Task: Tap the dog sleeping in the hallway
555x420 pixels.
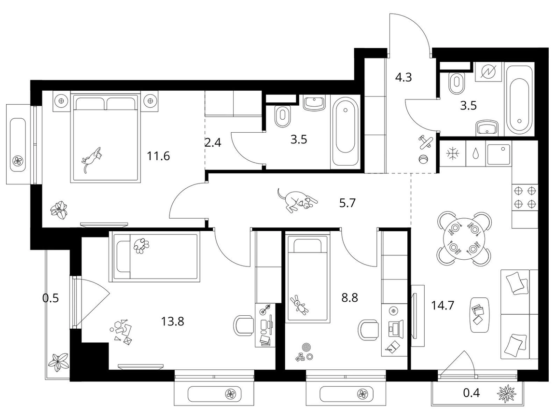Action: pyautogui.click(x=297, y=200)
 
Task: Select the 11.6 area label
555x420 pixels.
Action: pyautogui.click(x=158, y=156)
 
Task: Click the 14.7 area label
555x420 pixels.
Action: pyautogui.click(x=443, y=305)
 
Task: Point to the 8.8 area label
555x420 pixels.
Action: pyautogui.click(x=349, y=298)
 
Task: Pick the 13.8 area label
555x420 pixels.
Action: pyautogui.click(x=172, y=322)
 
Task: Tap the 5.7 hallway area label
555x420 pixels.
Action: pyautogui.click(x=347, y=203)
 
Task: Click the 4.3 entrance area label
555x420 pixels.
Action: pyautogui.click(x=403, y=77)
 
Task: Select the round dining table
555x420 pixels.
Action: pyautogui.click(x=464, y=239)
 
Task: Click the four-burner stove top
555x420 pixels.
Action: pyautogui.click(x=525, y=198)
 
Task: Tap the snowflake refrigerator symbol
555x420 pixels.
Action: pyautogui.click(x=452, y=154)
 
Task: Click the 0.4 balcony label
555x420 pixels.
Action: pyautogui.click(x=472, y=392)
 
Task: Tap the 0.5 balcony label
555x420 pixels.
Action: pyautogui.click(x=50, y=298)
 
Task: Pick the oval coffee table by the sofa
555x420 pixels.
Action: pyautogui.click(x=480, y=314)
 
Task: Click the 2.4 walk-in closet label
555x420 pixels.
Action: pyautogui.click(x=213, y=142)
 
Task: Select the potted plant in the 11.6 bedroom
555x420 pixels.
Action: pyautogui.click(x=59, y=210)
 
